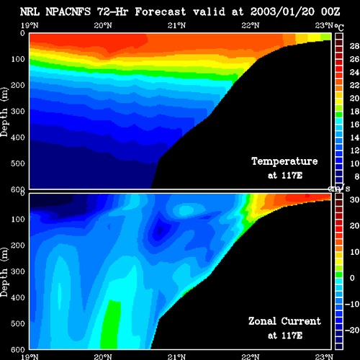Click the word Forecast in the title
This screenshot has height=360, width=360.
[161, 12]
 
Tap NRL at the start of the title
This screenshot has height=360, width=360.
[30, 12]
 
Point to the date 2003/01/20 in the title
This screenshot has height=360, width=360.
[282, 12]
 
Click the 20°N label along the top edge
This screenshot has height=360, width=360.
[103, 25]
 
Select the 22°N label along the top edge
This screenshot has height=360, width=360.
[251, 25]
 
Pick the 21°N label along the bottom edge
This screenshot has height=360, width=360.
[176, 356]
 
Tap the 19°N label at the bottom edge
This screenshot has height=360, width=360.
[30, 356]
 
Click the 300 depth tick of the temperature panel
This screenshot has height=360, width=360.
[18, 112]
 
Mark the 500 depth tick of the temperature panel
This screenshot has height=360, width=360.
[18, 163]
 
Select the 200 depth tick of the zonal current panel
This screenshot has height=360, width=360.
[18, 246]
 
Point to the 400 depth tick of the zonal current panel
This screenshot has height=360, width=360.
[18, 297]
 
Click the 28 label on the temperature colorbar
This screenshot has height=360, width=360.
[354, 46]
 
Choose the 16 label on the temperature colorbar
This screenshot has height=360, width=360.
[354, 125]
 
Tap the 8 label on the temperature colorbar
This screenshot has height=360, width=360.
[357, 176]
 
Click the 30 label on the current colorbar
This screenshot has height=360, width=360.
[354, 199]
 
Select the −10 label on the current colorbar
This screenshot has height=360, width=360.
[352, 304]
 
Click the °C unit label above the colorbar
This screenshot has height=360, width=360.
[339, 27]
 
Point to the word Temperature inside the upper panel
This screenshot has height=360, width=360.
[284, 161]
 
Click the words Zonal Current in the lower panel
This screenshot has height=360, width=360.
[284, 321]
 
